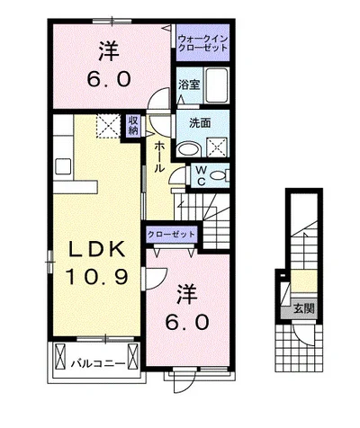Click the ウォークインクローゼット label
pyautogui.click(x=202, y=43)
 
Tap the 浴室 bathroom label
pyautogui.click(x=189, y=85)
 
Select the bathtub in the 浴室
pyautogui.click(x=217, y=85)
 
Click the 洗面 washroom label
pyautogui.click(x=200, y=123)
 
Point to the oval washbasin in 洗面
pyautogui.click(x=189, y=148)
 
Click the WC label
pyautogui.click(x=202, y=175)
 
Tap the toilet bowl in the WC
pyautogui.click(x=219, y=175)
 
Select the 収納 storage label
pyautogui.click(x=133, y=125)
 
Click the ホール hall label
pyautogui.click(x=159, y=157)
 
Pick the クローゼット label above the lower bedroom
pyautogui.click(x=172, y=234)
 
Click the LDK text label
pyautogui.click(x=96, y=249)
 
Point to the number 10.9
pyautogui.click(x=97, y=276)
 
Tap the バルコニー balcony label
pyautogui.click(x=98, y=364)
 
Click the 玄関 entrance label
pyautogui.click(x=303, y=308)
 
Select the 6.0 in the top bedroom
pyautogui.click(x=109, y=79)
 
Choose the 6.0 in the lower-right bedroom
pyautogui.click(x=186, y=322)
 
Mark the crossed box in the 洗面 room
pyautogui.click(x=218, y=147)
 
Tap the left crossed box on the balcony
pyautogui.click(x=60, y=356)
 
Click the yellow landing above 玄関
pyautogui.click(x=304, y=281)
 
